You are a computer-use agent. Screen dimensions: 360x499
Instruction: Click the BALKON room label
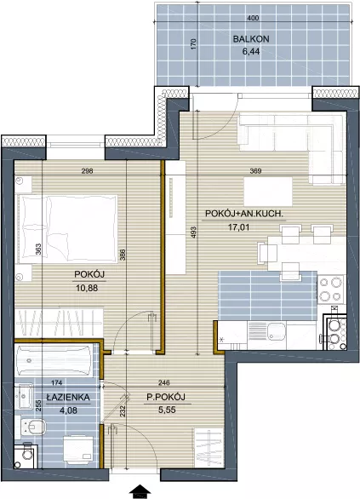251,39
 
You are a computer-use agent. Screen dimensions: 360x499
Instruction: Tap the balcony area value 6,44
251,51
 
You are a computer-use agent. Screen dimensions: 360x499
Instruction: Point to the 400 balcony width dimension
253,18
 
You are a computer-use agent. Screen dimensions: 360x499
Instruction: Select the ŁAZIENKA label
68,397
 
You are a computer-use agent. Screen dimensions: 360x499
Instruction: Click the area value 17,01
238,227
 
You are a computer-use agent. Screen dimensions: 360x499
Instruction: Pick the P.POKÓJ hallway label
166,397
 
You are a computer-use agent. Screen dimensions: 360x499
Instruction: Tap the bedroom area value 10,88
87,288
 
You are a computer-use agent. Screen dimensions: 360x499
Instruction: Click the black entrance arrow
140,491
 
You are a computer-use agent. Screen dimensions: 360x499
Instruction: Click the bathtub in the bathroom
54,360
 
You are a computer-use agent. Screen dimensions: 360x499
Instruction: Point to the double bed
66,229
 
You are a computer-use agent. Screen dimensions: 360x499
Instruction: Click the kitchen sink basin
277,331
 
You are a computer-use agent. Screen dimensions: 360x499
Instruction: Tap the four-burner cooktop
331,290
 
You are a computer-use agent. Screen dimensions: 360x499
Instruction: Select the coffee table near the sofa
268,192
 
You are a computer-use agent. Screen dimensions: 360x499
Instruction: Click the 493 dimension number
194,232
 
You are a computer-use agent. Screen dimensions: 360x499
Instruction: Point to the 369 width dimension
255,171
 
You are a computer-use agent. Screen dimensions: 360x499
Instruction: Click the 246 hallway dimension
164,383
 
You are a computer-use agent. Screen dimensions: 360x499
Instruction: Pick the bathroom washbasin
24,396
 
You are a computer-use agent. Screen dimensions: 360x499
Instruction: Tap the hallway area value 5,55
167,410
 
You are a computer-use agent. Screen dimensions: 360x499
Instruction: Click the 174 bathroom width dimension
57,383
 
